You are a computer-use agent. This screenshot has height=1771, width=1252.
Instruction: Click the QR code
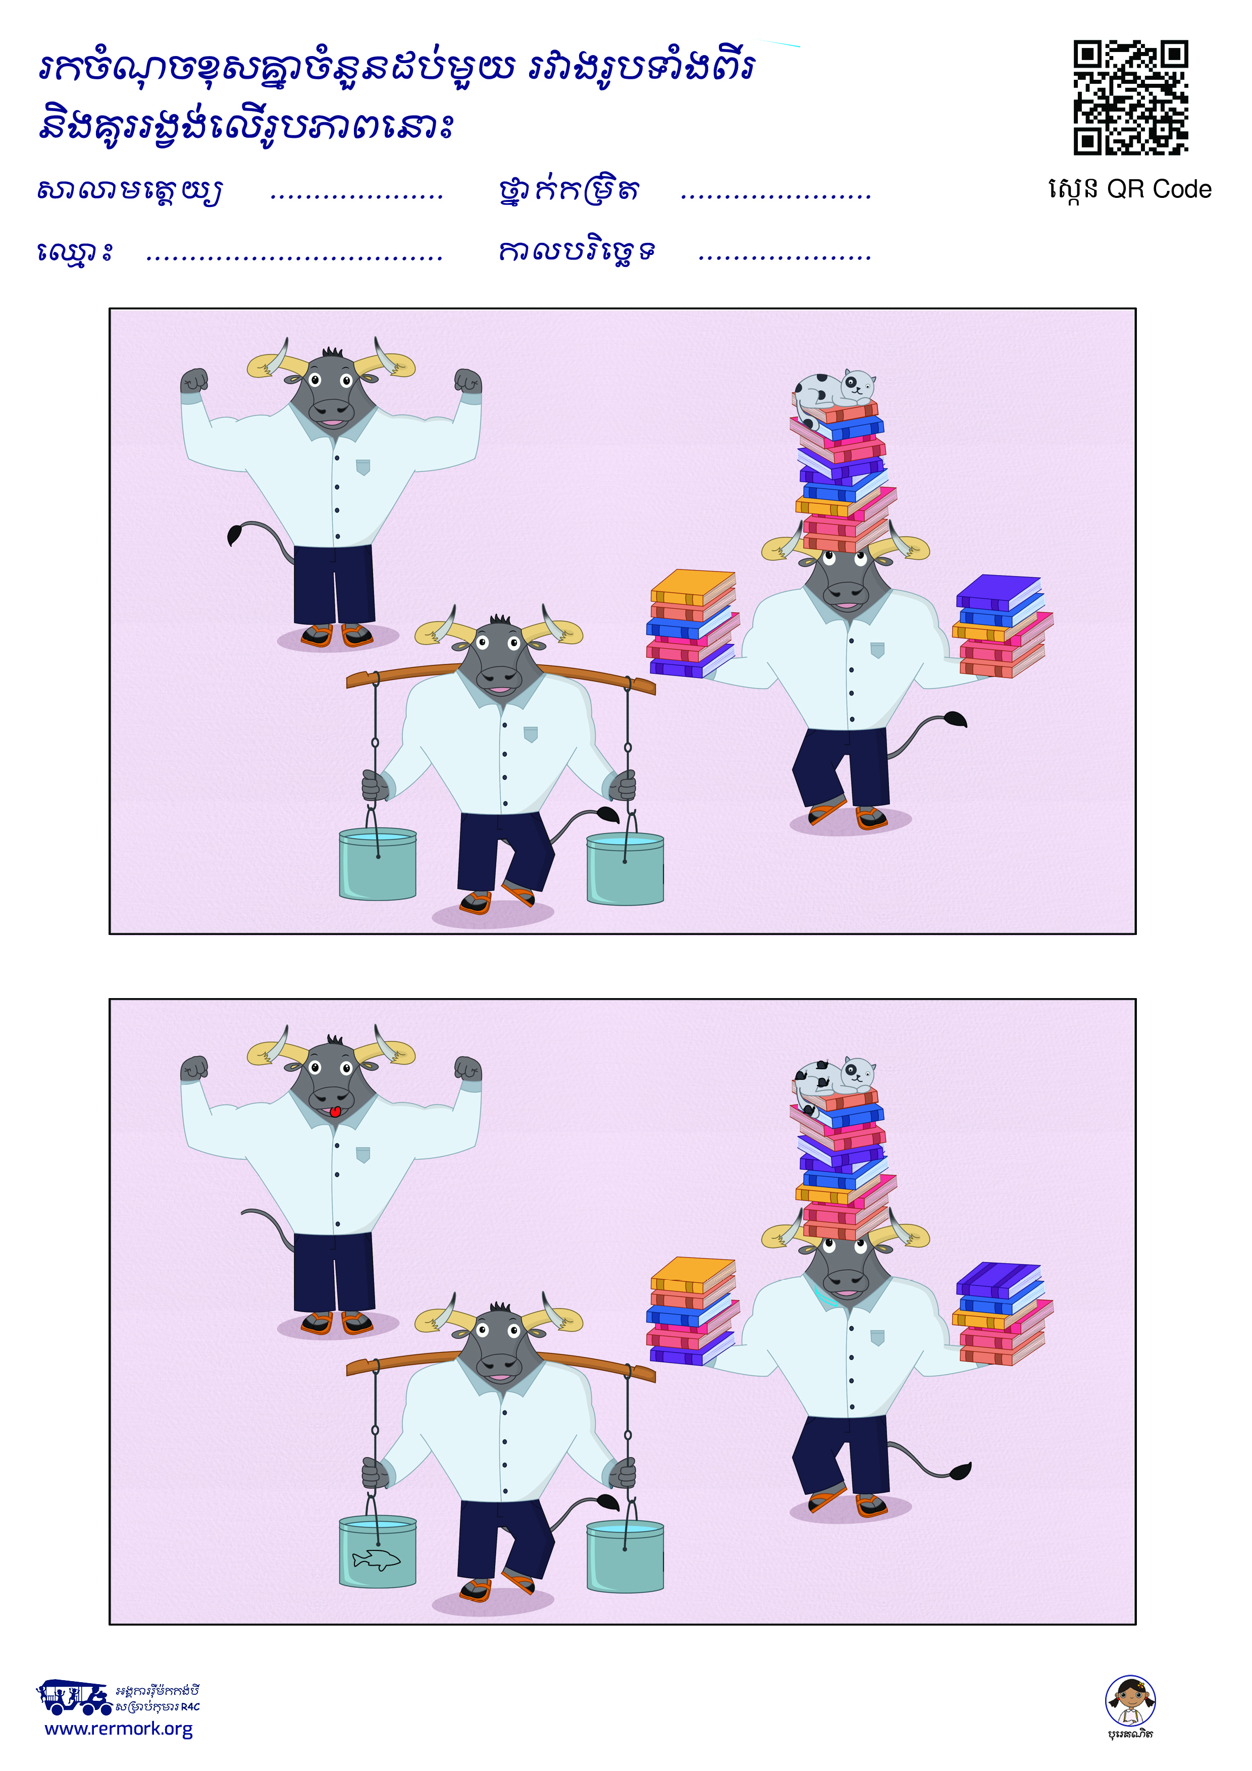click(1130, 97)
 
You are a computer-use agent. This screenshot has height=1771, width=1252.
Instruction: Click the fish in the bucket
click(377, 1559)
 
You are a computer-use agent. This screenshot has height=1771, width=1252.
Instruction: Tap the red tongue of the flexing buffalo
click(335, 1112)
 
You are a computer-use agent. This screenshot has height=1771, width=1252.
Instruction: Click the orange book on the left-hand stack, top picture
click(693, 586)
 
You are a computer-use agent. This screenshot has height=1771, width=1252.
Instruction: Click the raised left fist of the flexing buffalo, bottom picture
click(194, 1068)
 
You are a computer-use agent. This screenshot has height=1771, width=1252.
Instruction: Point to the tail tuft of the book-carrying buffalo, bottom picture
click(960, 1470)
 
